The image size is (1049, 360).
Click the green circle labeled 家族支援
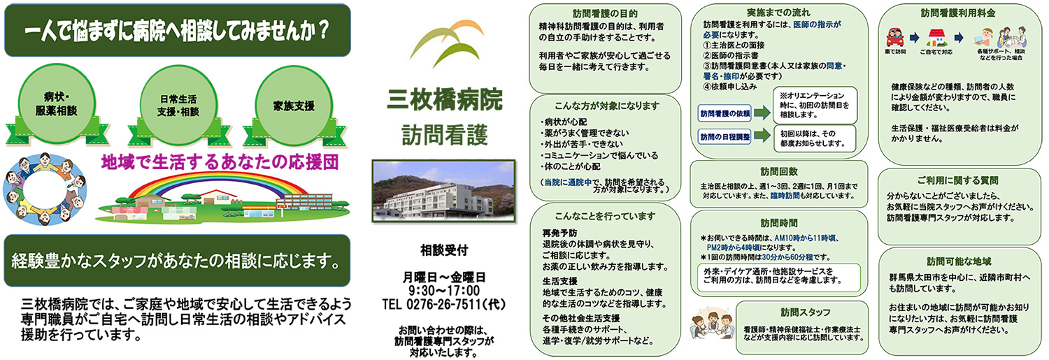pos(294,106)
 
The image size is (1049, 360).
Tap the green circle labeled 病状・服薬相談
pos(56,104)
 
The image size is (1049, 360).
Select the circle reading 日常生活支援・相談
pos(178,106)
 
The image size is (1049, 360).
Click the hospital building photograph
pos(444,191)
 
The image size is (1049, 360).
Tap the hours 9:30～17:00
pos(444,290)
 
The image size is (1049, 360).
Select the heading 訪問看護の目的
pos(605,13)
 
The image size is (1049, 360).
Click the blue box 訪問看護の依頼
pos(725,113)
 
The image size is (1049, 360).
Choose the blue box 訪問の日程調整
pos(725,137)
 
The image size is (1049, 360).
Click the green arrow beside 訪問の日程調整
pos(762,136)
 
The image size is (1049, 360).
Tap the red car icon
pos(895,37)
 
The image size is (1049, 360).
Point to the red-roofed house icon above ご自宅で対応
pos(936,38)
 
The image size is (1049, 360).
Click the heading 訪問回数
pos(779,171)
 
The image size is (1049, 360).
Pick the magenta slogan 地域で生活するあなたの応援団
pos(220,162)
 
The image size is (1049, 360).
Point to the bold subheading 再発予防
pos(559,233)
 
